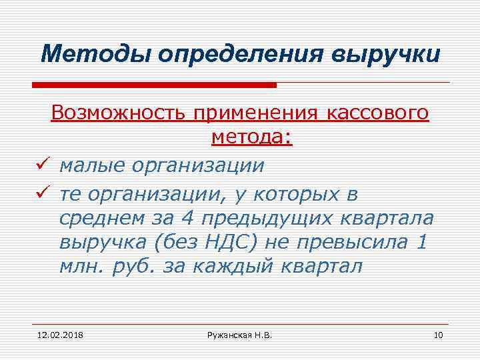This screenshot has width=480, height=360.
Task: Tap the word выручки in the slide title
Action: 385,53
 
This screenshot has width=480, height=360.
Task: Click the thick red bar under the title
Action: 154,85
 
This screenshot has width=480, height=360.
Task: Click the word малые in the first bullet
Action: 91,165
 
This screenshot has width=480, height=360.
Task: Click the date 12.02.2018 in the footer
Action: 56,333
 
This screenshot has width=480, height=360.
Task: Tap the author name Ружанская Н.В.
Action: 239,333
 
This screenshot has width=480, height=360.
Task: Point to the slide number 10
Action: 438,333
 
